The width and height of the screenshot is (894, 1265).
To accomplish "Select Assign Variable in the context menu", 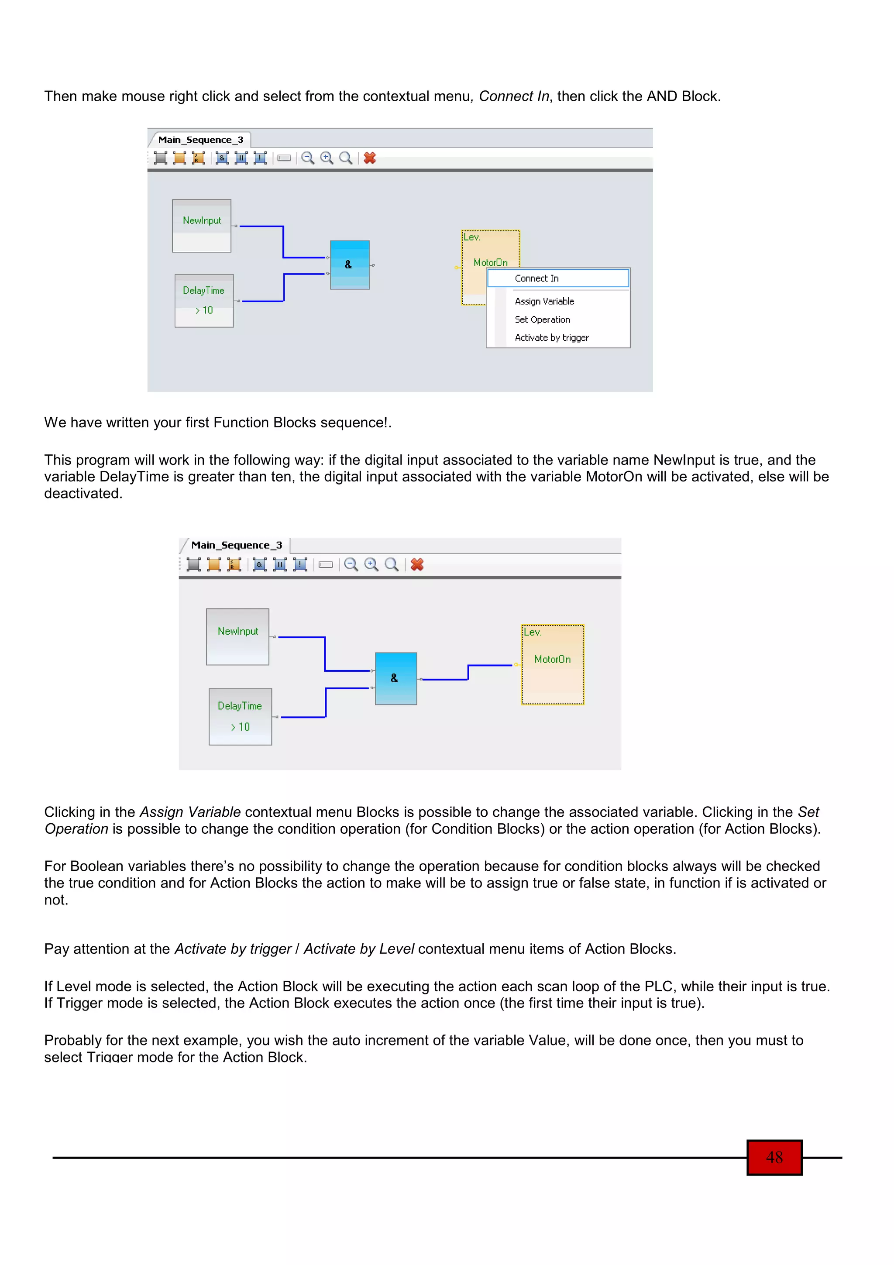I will tap(544, 301).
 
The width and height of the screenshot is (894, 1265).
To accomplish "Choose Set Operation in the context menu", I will tap(542, 320).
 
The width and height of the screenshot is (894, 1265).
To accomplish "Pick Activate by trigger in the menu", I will tap(551, 338).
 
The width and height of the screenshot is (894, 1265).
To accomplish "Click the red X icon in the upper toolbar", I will tap(370, 158).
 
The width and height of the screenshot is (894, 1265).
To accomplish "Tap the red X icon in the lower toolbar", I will tap(417, 565).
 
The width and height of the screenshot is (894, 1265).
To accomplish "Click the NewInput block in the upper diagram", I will tap(202, 226).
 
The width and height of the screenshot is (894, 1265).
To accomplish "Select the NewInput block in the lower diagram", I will tap(237, 637).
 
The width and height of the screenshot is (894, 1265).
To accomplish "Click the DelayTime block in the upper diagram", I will tap(204, 301).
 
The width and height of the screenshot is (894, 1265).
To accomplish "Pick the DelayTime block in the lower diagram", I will tap(240, 717).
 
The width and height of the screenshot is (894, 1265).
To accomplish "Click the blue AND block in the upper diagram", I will tap(349, 265).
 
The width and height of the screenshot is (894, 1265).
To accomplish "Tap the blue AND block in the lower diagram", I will tap(395, 679).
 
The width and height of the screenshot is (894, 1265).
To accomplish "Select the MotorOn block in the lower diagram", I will tap(553, 664).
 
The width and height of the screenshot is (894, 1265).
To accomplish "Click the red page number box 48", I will tap(774, 1157).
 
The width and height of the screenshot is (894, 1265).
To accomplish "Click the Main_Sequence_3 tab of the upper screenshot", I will tap(200, 140).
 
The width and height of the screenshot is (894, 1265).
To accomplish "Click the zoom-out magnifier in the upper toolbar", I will tap(307, 158).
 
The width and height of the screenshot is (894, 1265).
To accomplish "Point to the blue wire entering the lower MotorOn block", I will tap(490, 666).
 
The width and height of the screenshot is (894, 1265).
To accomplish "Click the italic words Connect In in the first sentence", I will tap(513, 96).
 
